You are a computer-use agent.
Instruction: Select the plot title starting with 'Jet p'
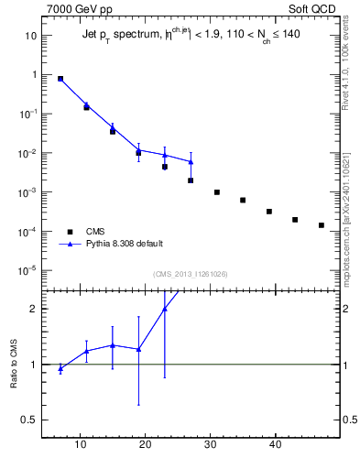183,35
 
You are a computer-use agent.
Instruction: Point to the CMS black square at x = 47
322,225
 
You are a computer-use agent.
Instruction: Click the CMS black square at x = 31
217,192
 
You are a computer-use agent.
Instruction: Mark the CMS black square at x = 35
243,201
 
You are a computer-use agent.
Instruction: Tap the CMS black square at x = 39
269,212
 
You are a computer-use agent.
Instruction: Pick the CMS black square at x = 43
295,220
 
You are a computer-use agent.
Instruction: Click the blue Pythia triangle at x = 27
191,162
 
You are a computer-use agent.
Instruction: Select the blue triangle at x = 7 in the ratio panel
60,368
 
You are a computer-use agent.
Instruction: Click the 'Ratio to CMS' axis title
14,364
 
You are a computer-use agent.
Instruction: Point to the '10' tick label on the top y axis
30,36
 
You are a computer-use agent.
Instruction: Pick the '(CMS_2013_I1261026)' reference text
191,274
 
